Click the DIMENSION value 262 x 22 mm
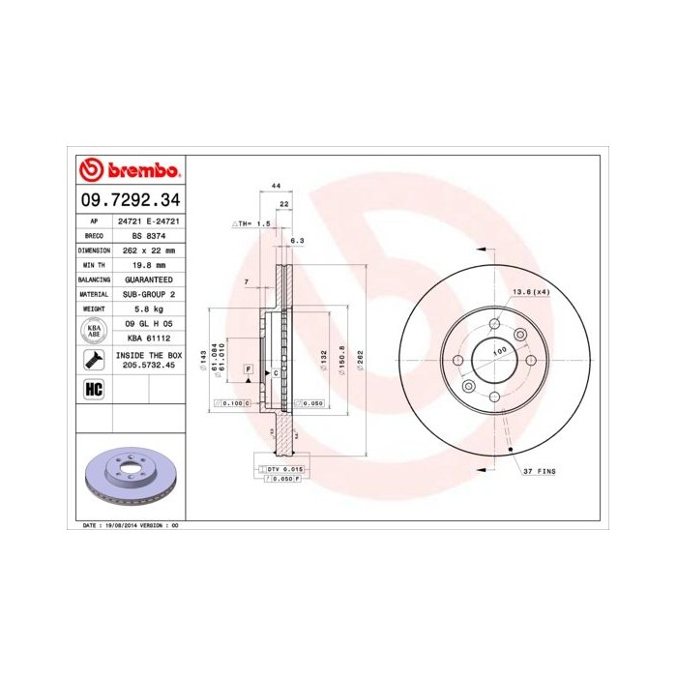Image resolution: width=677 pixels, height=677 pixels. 146,250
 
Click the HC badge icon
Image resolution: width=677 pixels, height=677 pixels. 95,388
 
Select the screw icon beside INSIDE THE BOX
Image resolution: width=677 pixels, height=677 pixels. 95,361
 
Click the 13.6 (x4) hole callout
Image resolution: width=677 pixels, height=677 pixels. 531,291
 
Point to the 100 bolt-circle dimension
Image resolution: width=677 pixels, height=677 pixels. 500,351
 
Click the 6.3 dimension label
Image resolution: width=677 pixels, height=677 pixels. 299,241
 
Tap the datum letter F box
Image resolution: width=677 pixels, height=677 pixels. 249,370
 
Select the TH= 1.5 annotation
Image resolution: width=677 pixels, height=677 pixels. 253,222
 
